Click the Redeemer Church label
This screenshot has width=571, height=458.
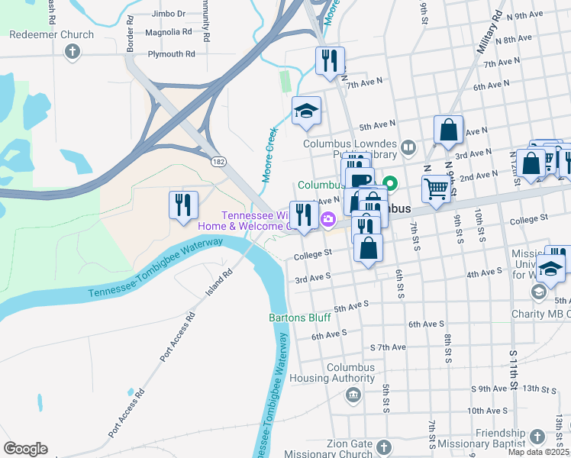(x=51, y=34)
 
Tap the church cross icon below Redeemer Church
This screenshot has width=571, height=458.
(x=73, y=52)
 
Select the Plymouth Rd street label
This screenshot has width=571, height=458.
(x=171, y=54)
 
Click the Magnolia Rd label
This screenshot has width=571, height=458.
(x=171, y=32)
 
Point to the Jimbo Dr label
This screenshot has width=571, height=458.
(x=169, y=14)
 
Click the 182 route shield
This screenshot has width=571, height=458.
(x=219, y=162)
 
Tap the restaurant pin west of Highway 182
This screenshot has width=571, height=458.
(x=183, y=205)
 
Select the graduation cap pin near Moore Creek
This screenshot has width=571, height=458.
(x=306, y=111)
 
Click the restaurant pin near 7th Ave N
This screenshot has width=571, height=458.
(x=330, y=61)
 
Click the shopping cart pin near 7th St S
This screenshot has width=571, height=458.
(x=435, y=189)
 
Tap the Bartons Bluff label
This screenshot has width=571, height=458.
(x=298, y=318)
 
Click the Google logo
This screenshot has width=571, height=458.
(x=25, y=449)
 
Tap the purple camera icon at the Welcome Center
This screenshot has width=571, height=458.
(x=328, y=220)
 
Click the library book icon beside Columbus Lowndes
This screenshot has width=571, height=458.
(x=409, y=146)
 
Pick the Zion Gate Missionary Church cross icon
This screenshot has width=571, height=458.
(x=383, y=447)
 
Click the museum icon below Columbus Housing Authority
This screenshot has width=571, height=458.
(x=352, y=395)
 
